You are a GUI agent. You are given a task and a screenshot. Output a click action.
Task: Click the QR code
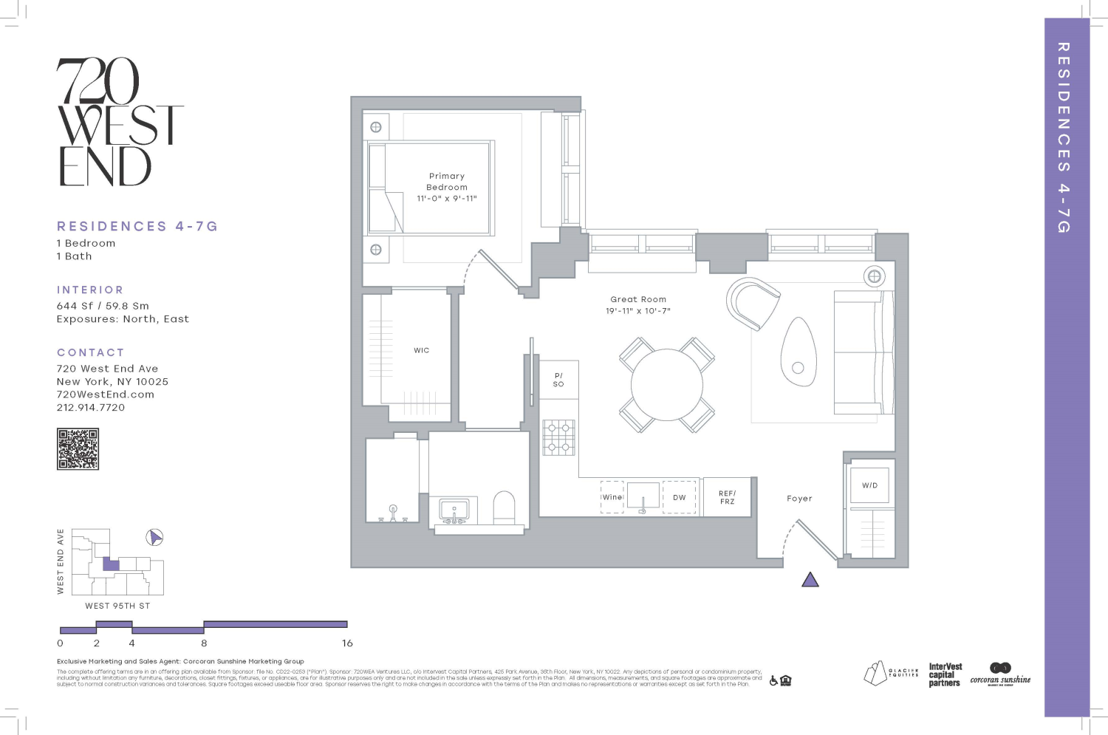pyautogui.click(x=78, y=449)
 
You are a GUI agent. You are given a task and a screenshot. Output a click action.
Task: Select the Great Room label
pyautogui.click(x=638, y=300)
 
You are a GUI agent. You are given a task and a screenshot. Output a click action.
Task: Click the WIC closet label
pyautogui.click(x=421, y=351)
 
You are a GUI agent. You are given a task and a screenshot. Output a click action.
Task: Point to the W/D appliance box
pyautogui.click(x=869, y=485)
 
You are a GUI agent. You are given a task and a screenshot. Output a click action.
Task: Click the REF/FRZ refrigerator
pyautogui.click(x=727, y=497)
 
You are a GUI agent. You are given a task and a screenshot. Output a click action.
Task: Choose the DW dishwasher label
pyautogui.click(x=679, y=497)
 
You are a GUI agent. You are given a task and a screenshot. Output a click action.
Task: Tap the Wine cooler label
pyautogui.click(x=612, y=497)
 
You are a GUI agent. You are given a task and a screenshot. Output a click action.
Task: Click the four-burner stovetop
pyautogui.click(x=559, y=437)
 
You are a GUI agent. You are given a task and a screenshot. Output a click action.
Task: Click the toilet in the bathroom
pyautogui.click(x=504, y=507)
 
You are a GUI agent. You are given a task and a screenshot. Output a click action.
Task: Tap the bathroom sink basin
pyautogui.click(x=454, y=509)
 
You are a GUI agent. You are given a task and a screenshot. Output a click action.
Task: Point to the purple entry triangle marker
pyautogui.click(x=810, y=580)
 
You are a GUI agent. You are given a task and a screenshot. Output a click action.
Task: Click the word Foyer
pyautogui.click(x=799, y=499)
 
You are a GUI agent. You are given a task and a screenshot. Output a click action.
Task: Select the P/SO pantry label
pyautogui.click(x=558, y=380)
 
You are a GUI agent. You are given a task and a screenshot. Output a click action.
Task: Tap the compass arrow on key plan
pyautogui.click(x=154, y=537)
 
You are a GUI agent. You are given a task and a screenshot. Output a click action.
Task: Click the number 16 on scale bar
pyautogui.click(x=347, y=643)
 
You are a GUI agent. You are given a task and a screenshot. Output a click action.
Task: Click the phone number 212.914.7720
pyautogui.click(x=91, y=408)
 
